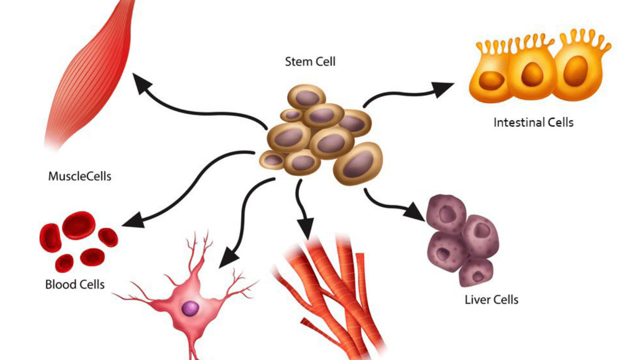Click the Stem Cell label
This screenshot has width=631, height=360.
pyautogui.click(x=310, y=62)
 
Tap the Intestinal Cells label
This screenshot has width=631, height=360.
pyautogui.click(x=533, y=123)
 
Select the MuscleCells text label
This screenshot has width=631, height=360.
pyautogui.click(x=80, y=176)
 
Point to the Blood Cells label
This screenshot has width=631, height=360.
pyautogui.click(x=75, y=285)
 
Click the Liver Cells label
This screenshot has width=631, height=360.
pyautogui.click(x=491, y=299)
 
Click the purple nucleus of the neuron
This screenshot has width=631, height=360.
pyautogui.click(x=191, y=309)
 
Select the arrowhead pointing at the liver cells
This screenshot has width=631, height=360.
pyautogui.click(x=415, y=212)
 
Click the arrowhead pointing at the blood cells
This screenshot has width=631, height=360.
pyautogui.click(x=134, y=220)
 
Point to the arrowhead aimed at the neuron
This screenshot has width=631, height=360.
pyautogui.click(x=228, y=257)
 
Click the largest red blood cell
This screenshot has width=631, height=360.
pyautogui.click(x=79, y=225)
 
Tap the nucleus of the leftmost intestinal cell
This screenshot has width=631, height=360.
pyautogui.click(x=491, y=81)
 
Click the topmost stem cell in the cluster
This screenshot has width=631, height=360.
pyautogui.click(x=307, y=97)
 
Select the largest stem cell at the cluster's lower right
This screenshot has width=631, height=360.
pyautogui.click(x=358, y=164)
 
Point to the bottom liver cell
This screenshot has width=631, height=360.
pyautogui.click(x=476, y=272)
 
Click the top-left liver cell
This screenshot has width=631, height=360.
pyautogui.click(x=447, y=214)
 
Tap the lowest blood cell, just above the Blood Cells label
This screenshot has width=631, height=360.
pyautogui.click(x=64, y=263)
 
